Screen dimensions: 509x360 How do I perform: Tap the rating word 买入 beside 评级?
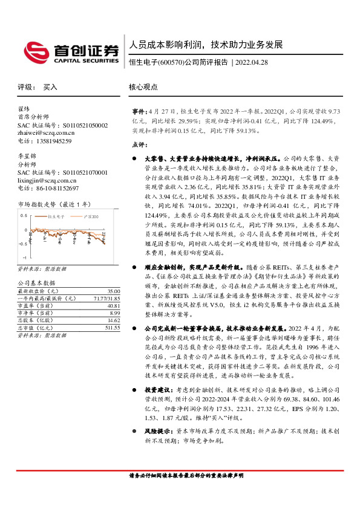click(x=50, y=87)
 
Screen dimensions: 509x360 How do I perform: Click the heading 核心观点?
click(x=143, y=87)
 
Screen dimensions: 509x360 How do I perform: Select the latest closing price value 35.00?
click(x=113, y=291)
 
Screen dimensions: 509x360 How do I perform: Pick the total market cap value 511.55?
click(x=111, y=327)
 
